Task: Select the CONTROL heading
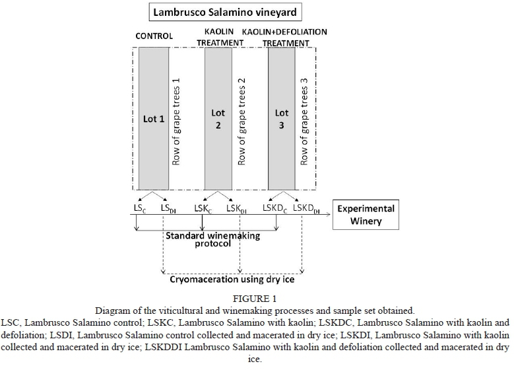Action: click(x=154, y=36)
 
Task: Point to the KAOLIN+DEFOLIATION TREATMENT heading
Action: click(x=284, y=37)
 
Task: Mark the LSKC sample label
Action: click(x=203, y=209)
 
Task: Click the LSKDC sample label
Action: click(x=275, y=209)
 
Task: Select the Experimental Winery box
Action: click(x=366, y=214)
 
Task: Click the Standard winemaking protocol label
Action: click(x=212, y=239)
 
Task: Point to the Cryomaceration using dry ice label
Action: click(x=232, y=279)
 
